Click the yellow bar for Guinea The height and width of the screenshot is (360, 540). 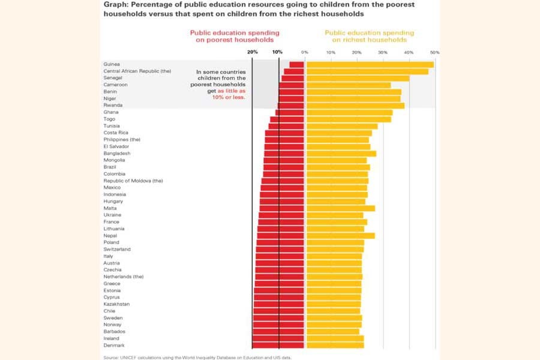coord(370,64)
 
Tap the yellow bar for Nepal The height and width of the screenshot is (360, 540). coord(340,236)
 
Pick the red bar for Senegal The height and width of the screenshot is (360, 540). coord(293,78)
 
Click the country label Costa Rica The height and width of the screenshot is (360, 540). coord(116,133)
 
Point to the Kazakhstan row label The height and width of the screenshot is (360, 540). coord(116,304)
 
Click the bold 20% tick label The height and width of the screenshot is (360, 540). coord(253,52)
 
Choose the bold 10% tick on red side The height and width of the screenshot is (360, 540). coord(277,52)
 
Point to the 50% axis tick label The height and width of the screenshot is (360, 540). coord(434,53)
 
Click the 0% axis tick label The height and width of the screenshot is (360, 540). coord(305,53)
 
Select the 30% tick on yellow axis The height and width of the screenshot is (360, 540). coord(382,53)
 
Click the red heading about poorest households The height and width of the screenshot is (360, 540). coord(235,36)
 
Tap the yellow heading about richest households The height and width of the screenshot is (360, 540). coord(369,36)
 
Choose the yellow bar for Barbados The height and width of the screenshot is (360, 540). coord(332,332)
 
